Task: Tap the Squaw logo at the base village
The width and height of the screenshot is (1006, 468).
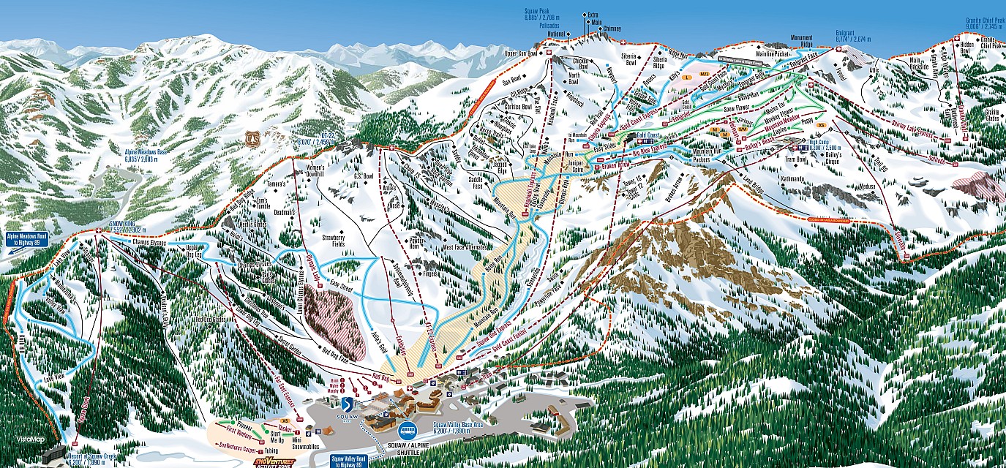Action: coord(347,407)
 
